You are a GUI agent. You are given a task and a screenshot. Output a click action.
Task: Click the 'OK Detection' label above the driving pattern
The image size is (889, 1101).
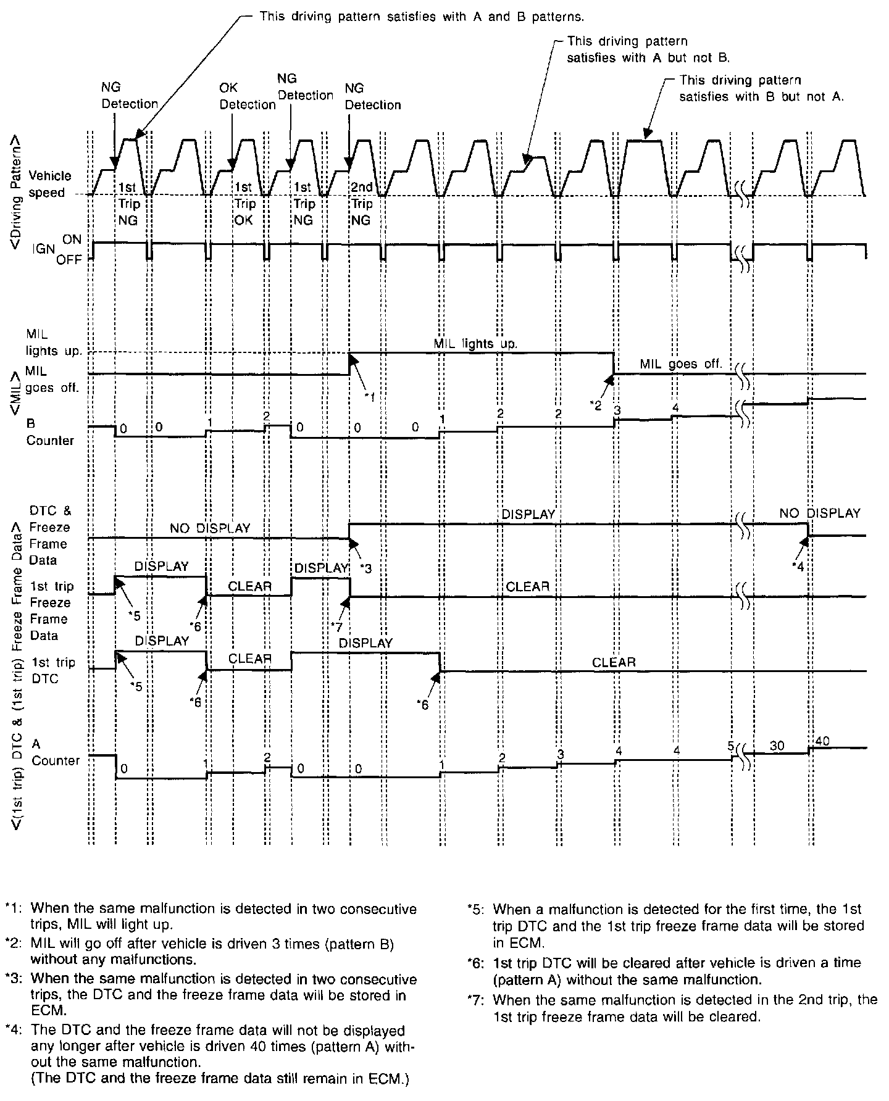pos(247,96)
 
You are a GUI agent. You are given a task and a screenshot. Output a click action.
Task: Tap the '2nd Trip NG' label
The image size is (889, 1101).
pos(362,204)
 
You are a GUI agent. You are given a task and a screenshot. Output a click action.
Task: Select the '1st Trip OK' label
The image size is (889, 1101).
pos(244,204)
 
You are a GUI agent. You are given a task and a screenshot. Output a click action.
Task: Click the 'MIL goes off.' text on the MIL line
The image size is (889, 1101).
pos(680,364)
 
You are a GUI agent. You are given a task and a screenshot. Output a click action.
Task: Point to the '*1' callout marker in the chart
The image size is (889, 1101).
pos(369,397)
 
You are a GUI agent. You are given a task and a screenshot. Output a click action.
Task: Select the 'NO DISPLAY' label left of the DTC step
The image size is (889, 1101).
pos(211,528)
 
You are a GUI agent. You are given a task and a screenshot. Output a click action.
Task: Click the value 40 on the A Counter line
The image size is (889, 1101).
pos(823,740)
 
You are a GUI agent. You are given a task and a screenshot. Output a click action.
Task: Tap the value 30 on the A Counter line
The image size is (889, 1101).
pos(777,746)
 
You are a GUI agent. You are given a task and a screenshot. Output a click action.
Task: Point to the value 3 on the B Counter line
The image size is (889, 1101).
pos(616,410)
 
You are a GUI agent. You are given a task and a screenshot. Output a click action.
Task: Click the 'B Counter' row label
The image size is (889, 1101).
pos(49,432)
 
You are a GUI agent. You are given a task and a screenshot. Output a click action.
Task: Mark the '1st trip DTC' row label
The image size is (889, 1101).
pos(52,670)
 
